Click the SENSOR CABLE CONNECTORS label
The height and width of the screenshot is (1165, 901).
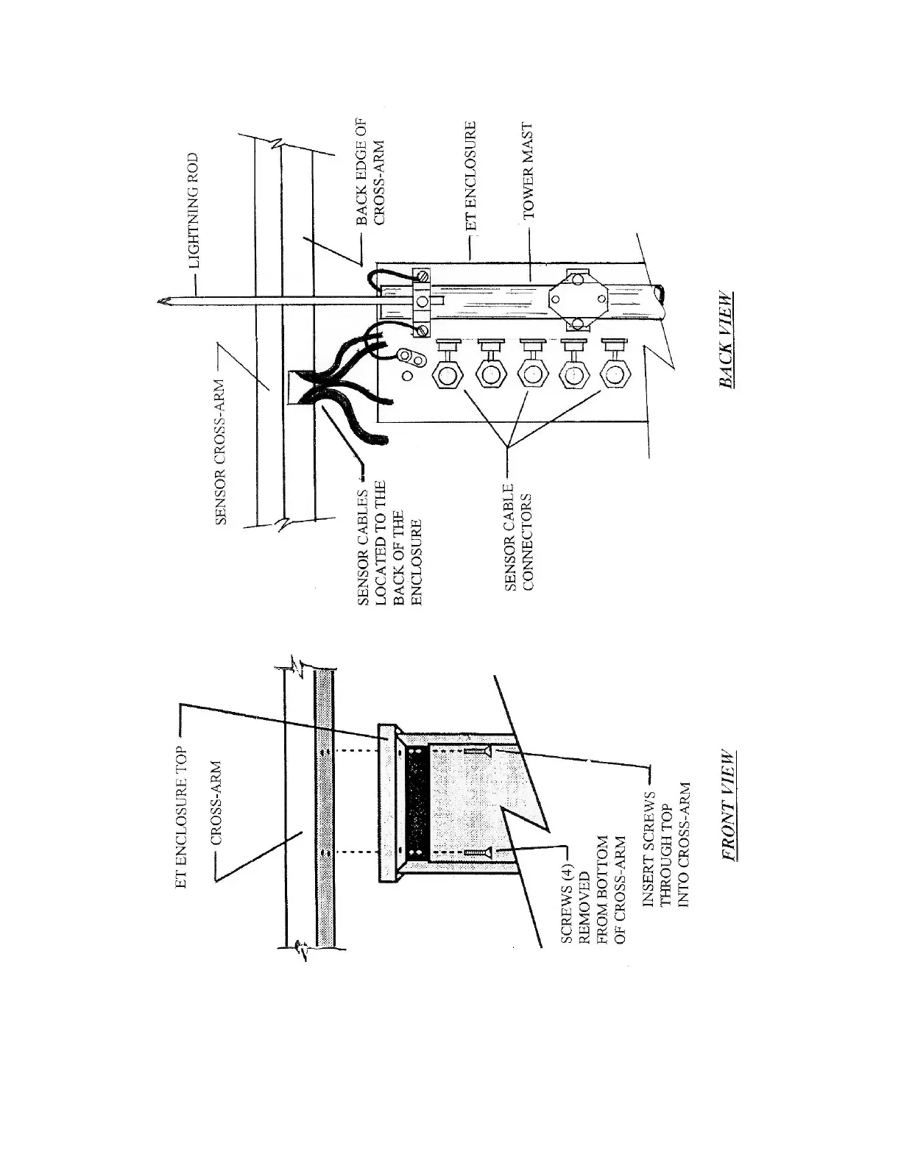click(517, 543)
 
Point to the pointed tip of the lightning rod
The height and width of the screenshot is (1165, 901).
click(160, 300)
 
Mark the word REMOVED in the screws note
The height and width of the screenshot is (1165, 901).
click(585, 898)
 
